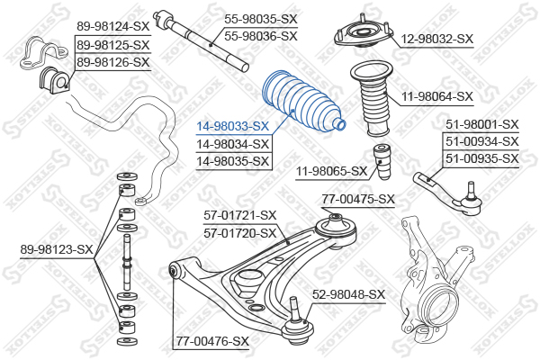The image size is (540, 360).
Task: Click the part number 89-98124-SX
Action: pyautogui.click(x=113, y=26)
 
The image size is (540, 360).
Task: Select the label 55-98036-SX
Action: pyautogui.click(x=261, y=36)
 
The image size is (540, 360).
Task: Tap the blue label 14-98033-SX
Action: pyautogui.click(x=232, y=126)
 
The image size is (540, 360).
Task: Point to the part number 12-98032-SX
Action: pyautogui.click(x=437, y=39)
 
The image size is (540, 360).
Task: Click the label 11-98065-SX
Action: pyautogui.click(x=332, y=171)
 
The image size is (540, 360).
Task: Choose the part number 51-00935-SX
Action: pyautogui.click(x=482, y=158)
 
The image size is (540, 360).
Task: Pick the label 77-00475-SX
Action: pyautogui.click(x=358, y=199)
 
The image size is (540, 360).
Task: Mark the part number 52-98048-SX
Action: pyautogui.click(x=348, y=294)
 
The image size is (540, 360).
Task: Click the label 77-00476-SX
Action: pyautogui.click(x=212, y=341)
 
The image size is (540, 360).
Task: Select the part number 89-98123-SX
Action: pyautogui.click(x=57, y=249)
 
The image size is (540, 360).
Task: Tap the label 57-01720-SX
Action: pyautogui.click(x=240, y=234)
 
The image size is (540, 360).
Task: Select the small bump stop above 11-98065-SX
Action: pyautogui.click(x=382, y=162)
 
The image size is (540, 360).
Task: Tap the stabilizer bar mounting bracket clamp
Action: pyautogui.click(x=43, y=53)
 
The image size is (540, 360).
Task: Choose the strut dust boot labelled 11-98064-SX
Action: pyautogui.click(x=373, y=99)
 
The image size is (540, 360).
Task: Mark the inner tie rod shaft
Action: pyautogui.click(x=201, y=41)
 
